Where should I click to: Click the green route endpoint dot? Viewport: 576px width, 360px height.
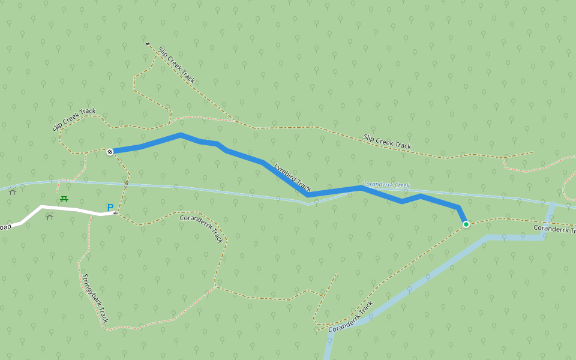click(x=466, y=224)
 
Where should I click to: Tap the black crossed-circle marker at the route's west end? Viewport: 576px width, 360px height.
click(x=110, y=152)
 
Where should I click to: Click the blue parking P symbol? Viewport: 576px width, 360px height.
click(x=110, y=208)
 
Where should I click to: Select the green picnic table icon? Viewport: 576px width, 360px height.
click(x=64, y=199)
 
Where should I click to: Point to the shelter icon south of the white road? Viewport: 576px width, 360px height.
click(x=50, y=217)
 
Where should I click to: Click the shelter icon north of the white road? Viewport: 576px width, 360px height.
click(x=13, y=192)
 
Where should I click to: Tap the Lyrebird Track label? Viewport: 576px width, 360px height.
click(x=292, y=177)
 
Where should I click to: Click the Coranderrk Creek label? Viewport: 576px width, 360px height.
click(x=386, y=185)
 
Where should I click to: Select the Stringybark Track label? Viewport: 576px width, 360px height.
click(x=95, y=298)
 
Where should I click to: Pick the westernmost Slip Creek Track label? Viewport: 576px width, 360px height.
click(x=74, y=119)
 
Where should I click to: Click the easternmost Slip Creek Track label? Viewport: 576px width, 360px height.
click(x=387, y=142)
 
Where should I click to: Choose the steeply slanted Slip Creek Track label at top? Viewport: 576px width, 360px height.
click(x=176, y=65)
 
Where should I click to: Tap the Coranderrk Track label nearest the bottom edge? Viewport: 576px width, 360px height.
click(x=350, y=317)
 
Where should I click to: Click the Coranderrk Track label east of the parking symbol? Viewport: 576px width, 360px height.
click(x=202, y=228)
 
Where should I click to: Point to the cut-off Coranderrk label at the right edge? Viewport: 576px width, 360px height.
click(x=554, y=229)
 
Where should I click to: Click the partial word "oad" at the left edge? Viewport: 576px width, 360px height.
click(x=5, y=227)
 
